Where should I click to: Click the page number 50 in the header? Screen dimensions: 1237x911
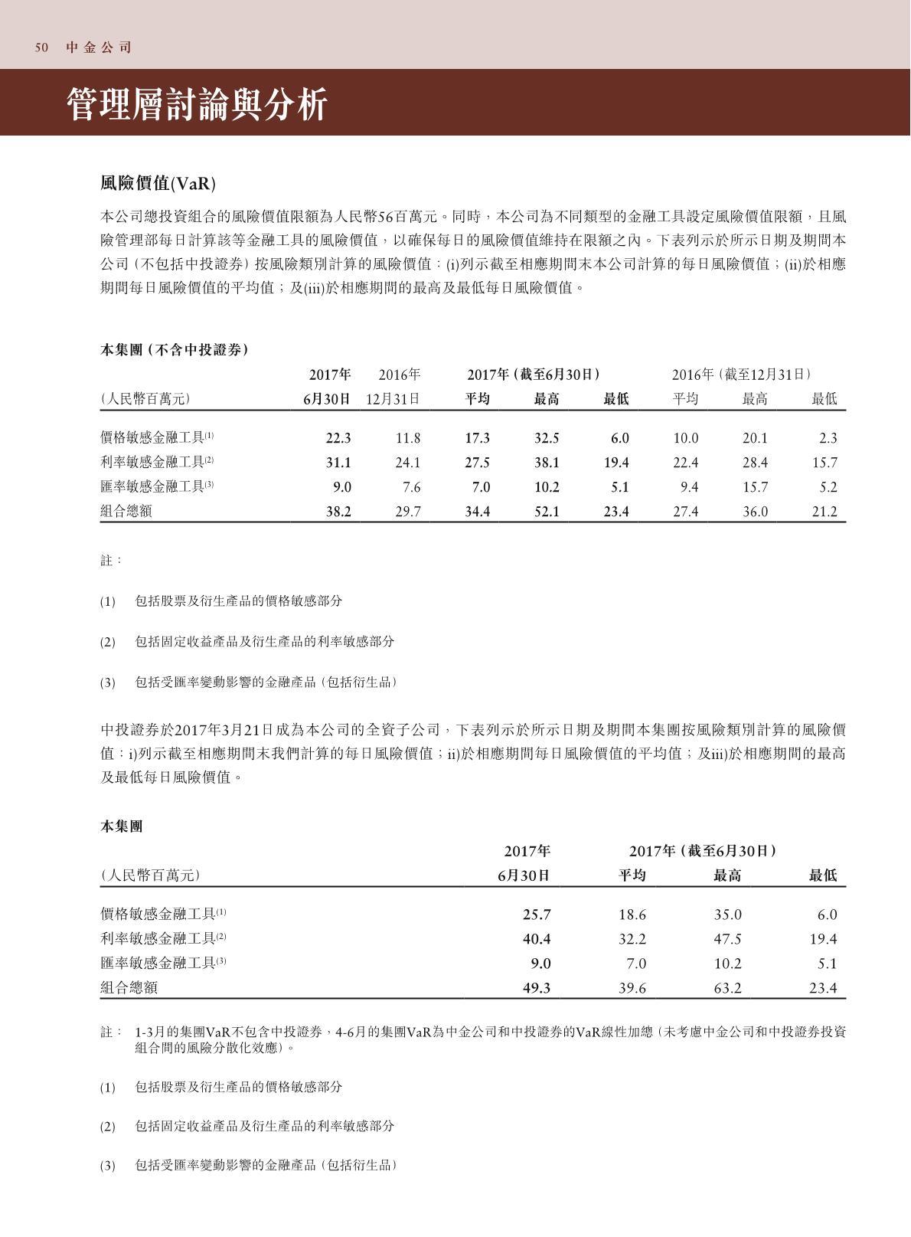click(x=41, y=47)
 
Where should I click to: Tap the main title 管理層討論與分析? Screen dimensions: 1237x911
click(x=197, y=104)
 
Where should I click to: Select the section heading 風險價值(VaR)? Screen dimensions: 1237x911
click(x=158, y=184)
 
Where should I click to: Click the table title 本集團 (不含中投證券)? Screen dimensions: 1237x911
click(x=175, y=350)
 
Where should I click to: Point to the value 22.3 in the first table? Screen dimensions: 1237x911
click(x=338, y=438)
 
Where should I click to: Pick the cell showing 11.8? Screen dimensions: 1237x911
click(x=408, y=438)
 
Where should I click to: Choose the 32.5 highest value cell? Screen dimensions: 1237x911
click(x=547, y=438)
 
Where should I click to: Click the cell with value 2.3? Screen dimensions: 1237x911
click(x=828, y=438)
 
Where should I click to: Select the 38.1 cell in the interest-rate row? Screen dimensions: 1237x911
click(x=547, y=463)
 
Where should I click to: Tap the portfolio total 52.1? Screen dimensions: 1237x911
click(x=547, y=512)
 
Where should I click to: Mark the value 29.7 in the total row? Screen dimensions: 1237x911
click(x=408, y=512)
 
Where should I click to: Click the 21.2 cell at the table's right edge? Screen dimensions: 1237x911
click(x=824, y=512)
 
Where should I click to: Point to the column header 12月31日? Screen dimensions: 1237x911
click(x=393, y=399)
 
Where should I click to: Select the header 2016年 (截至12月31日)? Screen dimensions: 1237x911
click(x=741, y=375)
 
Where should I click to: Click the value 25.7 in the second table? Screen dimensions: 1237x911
click(x=537, y=915)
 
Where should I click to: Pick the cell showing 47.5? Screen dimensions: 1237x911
click(x=727, y=939)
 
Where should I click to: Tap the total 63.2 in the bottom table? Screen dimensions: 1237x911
click(x=727, y=988)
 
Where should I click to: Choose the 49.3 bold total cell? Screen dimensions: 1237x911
click(x=537, y=988)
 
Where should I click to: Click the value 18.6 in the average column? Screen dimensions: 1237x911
click(x=632, y=915)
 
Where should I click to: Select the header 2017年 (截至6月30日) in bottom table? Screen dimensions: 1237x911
click(x=704, y=851)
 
